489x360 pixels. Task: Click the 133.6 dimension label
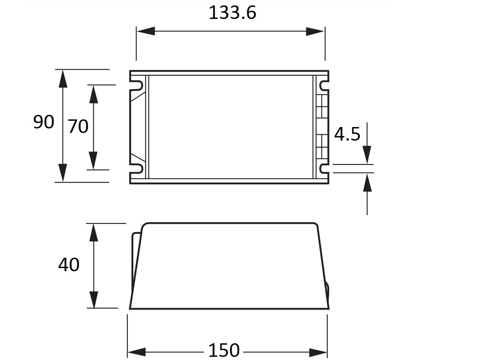coord(232,13)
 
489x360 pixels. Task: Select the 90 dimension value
coord(44,122)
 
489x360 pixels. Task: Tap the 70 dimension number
coord(78,126)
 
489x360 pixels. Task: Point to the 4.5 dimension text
coord(347,134)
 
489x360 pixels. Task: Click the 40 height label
coord(69,264)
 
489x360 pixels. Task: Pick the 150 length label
coord(224,351)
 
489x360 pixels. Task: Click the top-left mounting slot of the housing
coord(137,85)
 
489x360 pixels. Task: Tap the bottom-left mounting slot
coord(137,169)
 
